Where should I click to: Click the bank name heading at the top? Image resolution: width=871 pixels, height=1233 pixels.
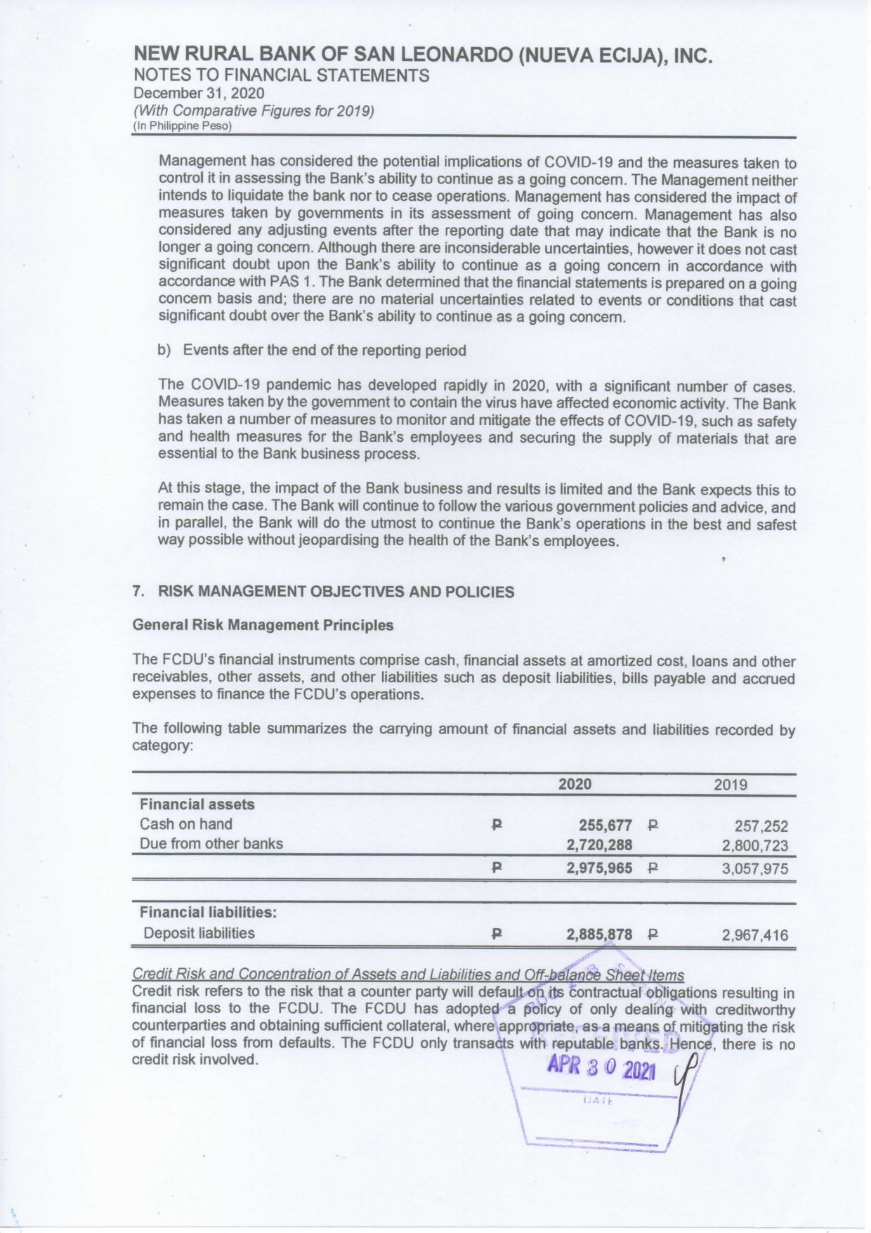pyautogui.click(x=423, y=56)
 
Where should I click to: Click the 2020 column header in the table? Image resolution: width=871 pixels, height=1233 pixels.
pyautogui.click(x=575, y=784)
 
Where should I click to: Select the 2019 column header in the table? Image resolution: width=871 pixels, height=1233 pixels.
pyautogui.click(x=731, y=785)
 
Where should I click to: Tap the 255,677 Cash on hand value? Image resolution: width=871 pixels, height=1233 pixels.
pyautogui.click(x=605, y=825)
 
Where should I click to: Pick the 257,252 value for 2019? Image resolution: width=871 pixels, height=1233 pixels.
pyautogui.click(x=761, y=826)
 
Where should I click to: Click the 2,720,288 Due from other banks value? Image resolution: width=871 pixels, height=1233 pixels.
pyautogui.click(x=599, y=844)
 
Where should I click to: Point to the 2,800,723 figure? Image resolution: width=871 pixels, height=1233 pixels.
pyautogui.click(x=755, y=846)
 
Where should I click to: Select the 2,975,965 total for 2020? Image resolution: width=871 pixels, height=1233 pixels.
pyautogui.click(x=599, y=868)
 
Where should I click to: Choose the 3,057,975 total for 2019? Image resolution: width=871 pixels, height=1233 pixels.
pyautogui.click(x=755, y=869)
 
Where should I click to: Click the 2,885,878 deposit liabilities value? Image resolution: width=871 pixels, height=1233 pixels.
pyautogui.click(x=599, y=934)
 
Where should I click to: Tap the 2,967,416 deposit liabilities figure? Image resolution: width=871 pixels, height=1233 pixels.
pyautogui.click(x=755, y=935)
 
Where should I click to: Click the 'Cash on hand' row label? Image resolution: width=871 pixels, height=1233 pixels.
pyautogui.click(x=185, y=824)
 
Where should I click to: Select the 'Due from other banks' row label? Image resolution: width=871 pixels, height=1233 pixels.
pyautogui.click(x=211, y=844)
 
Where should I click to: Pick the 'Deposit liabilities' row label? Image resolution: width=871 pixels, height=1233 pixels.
pyautogui.click(x=199, y=933)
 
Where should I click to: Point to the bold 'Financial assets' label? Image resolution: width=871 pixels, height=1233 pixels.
pyautogui.click(x=197, y=804)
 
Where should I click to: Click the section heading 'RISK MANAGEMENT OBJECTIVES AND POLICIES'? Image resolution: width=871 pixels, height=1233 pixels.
pyautogui.click(x=336, y=592)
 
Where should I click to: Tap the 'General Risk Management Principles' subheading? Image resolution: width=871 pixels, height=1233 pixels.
pyautogui.click(x=263, y=625)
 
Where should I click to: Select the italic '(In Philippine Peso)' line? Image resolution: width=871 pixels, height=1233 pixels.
pyautogui.click(x=182, y=126)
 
